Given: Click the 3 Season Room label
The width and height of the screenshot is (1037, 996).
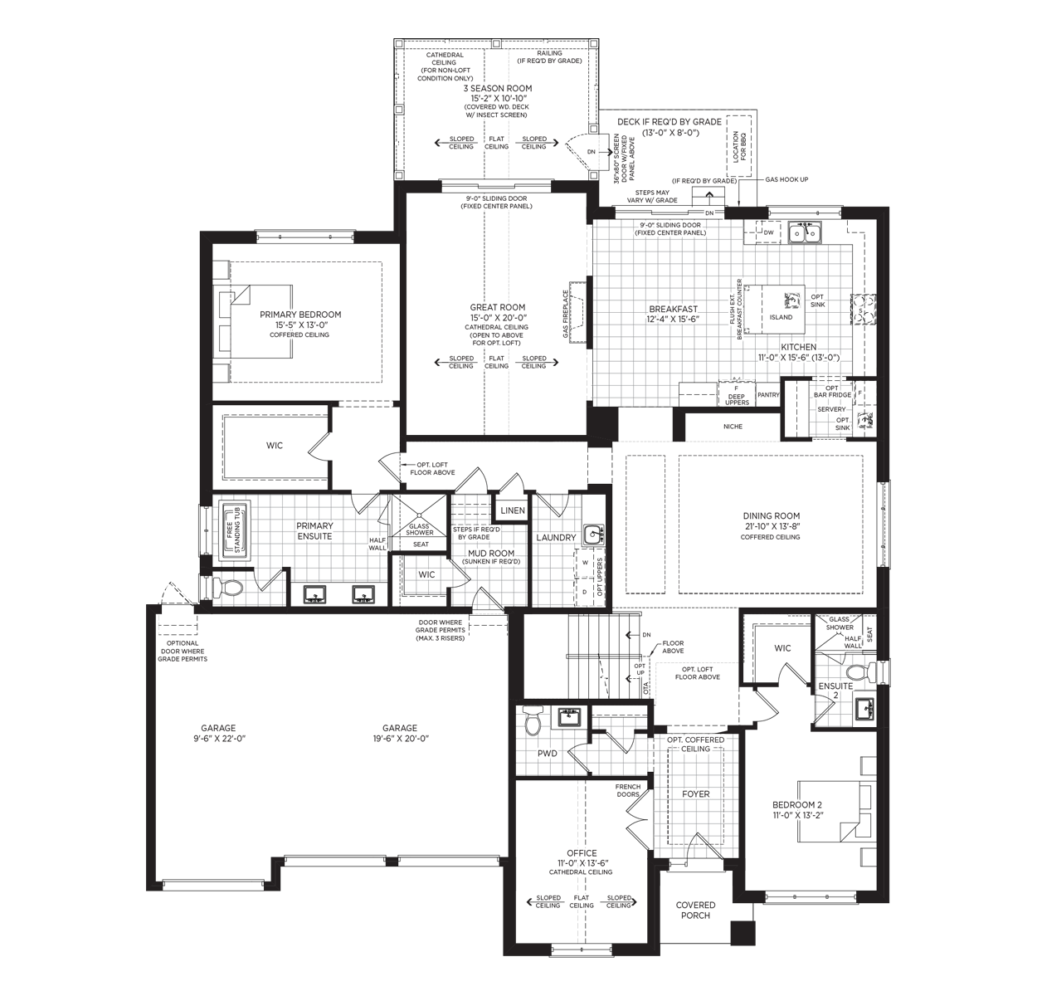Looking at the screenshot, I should [497, 88].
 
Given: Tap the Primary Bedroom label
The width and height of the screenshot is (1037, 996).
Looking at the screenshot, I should [300, 315].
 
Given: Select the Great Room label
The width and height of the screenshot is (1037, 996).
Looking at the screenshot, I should [497, 307].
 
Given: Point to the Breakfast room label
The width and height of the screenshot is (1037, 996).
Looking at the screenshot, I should [673, 309].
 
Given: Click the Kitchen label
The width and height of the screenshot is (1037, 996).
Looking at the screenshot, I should [798, 346].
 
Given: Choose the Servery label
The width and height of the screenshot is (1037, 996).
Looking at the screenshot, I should [831, 409].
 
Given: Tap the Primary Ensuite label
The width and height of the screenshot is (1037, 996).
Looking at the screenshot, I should [314, 530].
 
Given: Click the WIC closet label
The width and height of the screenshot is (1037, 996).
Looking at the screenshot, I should [426, 574].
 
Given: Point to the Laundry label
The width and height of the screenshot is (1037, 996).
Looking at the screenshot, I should [555, 538].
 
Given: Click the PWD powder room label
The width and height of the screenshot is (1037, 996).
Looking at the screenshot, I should [547, 754].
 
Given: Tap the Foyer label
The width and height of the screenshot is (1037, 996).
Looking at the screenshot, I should [696, 793].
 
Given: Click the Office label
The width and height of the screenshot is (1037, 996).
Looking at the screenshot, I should [582, 853].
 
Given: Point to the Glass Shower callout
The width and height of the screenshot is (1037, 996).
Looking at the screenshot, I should [840, 623].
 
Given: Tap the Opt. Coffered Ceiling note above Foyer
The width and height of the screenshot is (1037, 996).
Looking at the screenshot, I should [695, 744].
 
